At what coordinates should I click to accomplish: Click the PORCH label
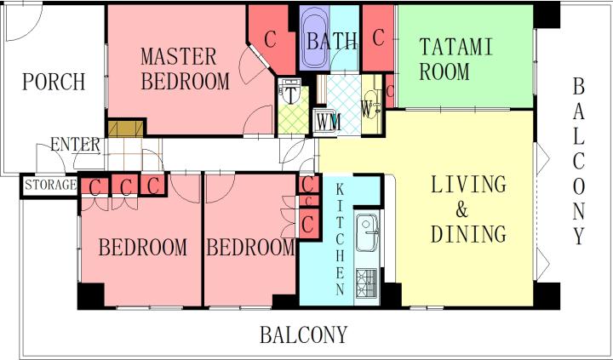[x=54, y=82]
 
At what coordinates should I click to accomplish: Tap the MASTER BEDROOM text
[x=185, y=69]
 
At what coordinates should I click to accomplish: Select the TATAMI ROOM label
[x=455, y=59]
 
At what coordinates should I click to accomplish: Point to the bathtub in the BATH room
[x=315, y=38]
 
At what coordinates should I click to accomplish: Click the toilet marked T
[x=290, y=91]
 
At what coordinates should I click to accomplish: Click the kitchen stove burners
[x=366, y=283]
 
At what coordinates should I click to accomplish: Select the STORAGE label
[x=50, y=185]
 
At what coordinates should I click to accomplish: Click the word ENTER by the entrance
[x=75, y=145]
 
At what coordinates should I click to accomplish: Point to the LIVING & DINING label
[x=468, y=209]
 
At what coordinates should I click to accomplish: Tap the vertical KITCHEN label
[x=340, y=240]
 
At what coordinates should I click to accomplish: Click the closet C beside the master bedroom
[x=270, y=39]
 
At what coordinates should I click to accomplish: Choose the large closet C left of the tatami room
[x=378, y=38]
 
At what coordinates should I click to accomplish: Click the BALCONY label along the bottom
[x=303, y=335]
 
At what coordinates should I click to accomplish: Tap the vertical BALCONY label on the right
[x=579, y=162]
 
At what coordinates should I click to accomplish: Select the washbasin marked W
[x=370, y=105]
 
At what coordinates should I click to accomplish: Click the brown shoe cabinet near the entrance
[x=125, y=129]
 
